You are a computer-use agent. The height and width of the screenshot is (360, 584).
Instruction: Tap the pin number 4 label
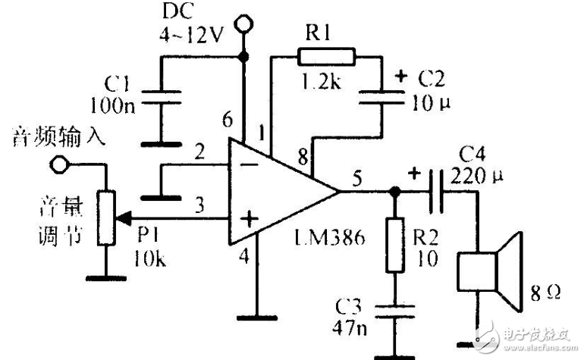[x=243, y=256]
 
